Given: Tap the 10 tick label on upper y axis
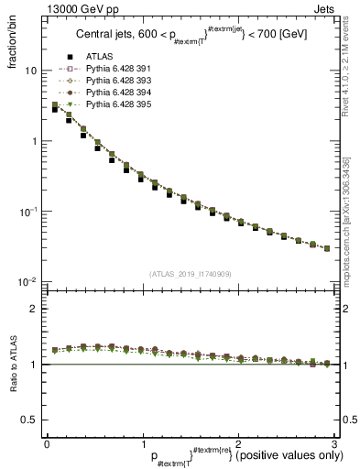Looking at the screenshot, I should click(x=30, y=71).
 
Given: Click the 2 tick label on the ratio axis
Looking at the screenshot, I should click(x=34, y=309).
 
